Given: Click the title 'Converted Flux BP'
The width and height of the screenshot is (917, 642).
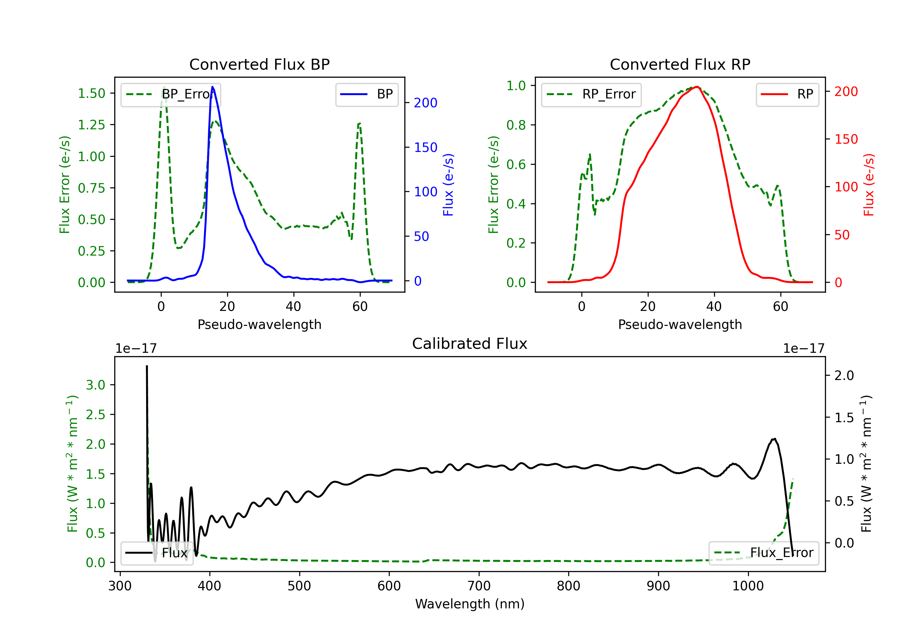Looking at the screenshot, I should (259, 64).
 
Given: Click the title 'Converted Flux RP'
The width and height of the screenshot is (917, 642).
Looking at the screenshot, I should (680, 64).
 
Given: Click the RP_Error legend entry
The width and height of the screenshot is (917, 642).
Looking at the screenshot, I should (591, 94).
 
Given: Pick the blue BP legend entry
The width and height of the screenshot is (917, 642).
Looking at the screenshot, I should (366, 94).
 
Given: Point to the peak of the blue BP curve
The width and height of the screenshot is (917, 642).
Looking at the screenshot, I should (212, 87).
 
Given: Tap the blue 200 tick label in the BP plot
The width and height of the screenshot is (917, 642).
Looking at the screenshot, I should (425, 103).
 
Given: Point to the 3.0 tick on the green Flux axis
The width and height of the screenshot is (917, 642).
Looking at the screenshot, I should (96, 385).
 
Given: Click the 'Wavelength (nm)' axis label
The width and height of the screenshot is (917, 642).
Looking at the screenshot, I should (470, 604).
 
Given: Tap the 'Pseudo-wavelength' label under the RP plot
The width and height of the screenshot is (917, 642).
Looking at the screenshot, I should (680, 324).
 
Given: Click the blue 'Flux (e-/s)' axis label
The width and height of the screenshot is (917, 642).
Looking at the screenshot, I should (448, 185).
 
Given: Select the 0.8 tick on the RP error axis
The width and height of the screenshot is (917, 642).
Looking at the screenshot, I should (516, 125).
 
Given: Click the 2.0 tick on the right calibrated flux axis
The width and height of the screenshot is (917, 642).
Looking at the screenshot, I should (844, 375).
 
